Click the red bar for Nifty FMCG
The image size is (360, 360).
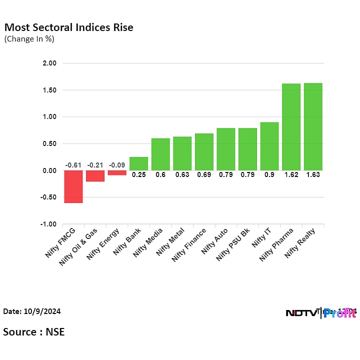(73, 186)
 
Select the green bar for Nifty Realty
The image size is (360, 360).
(313, 126)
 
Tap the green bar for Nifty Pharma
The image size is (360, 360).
(291, 127)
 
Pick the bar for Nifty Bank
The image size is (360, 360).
(138, 163)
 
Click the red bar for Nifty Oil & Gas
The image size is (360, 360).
(95, 176)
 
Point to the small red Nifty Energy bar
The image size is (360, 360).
(117, 172)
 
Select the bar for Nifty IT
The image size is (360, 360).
(269, 146)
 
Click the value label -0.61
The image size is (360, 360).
(73, 165)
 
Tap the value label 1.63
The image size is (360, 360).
(313, 174)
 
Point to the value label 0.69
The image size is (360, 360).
(204, 174)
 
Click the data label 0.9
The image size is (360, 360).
(269, 174)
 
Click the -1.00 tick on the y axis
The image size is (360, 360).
(49, 224)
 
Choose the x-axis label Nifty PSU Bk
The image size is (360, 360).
(232, 244)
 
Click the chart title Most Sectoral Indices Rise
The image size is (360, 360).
(68, 27)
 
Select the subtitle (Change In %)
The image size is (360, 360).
(29, 39)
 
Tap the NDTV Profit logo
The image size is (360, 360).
(320, 313)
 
